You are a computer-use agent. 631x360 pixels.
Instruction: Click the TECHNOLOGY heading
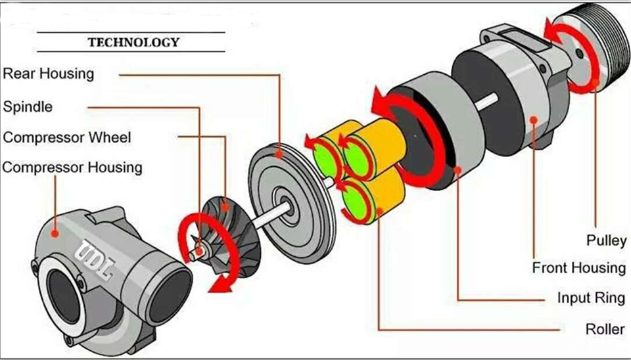click(133, 43)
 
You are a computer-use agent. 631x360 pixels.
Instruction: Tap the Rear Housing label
click(49, 73)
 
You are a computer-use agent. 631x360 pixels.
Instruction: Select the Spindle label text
click(28, 106)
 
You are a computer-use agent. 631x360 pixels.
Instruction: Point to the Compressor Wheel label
click(67, 137)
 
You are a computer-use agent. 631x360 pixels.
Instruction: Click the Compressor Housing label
click(72, 167)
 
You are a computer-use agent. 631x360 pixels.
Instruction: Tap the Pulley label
click(607, 240)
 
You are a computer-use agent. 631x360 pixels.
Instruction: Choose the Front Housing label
click(579, 268)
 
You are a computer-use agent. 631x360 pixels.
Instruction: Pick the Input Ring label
click(591, 298)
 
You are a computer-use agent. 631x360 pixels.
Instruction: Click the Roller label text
click(605, 328)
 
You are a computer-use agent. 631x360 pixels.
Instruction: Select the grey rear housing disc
click(289, 191)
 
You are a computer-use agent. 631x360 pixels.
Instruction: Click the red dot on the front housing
click(534, 119)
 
